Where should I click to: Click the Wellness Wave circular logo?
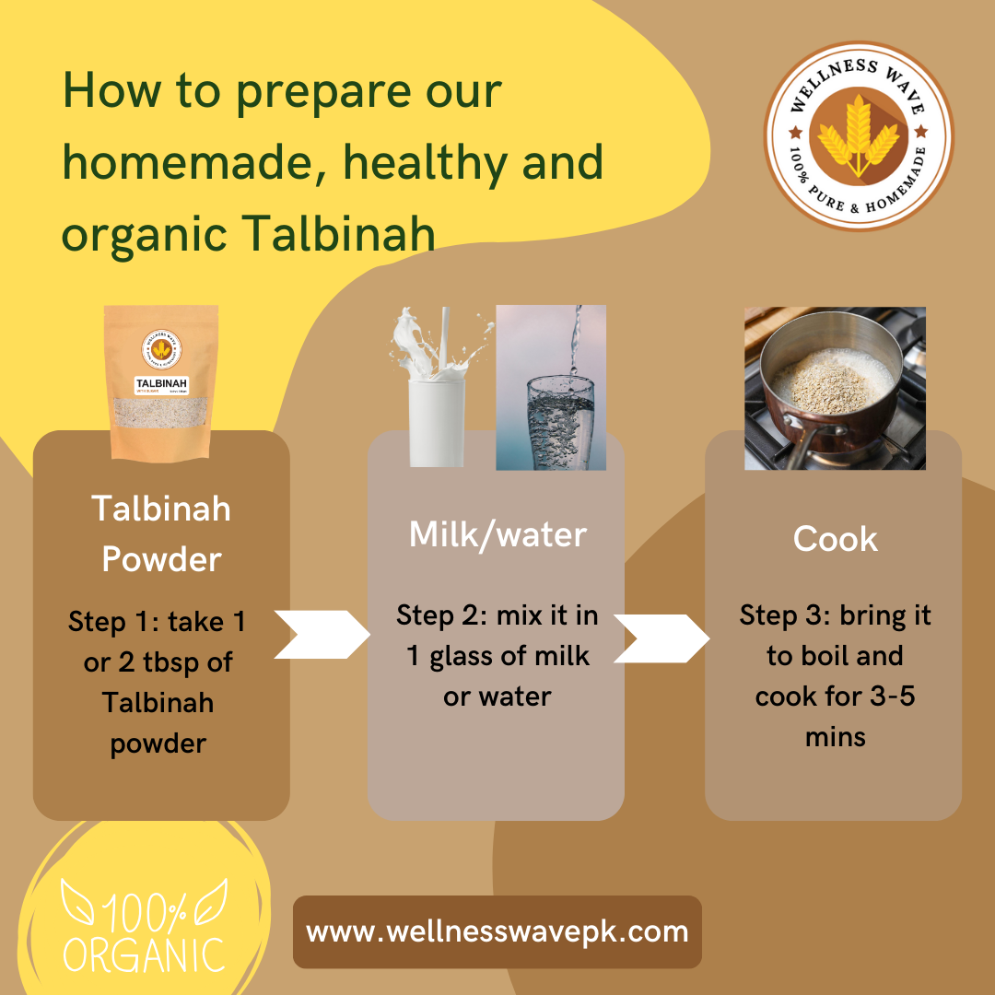coord(859,135)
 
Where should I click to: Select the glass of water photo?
coord(551,388)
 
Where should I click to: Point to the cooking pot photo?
coord(835,388)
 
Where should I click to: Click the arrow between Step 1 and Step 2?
coord(322,634)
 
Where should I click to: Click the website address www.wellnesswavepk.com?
coord(497,931)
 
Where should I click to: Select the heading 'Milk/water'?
coord(497,534)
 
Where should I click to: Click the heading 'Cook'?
coord(835,540)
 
